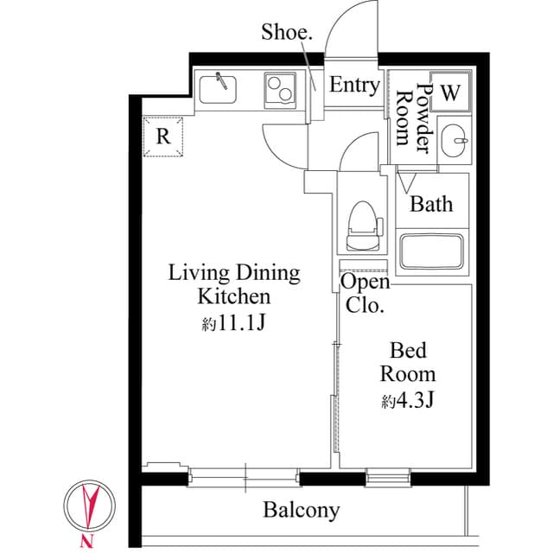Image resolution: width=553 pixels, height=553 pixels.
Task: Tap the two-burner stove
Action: pos(279,86)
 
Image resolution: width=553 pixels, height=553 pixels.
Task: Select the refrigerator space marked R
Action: pos(163,137)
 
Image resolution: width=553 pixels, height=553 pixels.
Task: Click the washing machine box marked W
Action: pos(451,93)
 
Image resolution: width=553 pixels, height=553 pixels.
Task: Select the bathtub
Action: pos(432,251)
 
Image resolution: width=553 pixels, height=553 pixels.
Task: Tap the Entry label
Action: pos(354,86)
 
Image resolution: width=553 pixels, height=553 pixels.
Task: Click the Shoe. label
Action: pos(287,33)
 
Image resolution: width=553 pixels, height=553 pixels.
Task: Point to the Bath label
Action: pos(431,205)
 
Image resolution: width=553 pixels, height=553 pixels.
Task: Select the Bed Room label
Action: pos(409,363)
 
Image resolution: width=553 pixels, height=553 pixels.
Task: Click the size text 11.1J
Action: pos(233,324)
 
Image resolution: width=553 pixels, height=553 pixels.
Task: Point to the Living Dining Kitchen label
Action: pos(233,285)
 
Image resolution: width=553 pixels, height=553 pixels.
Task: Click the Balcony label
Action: pos(302,510)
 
